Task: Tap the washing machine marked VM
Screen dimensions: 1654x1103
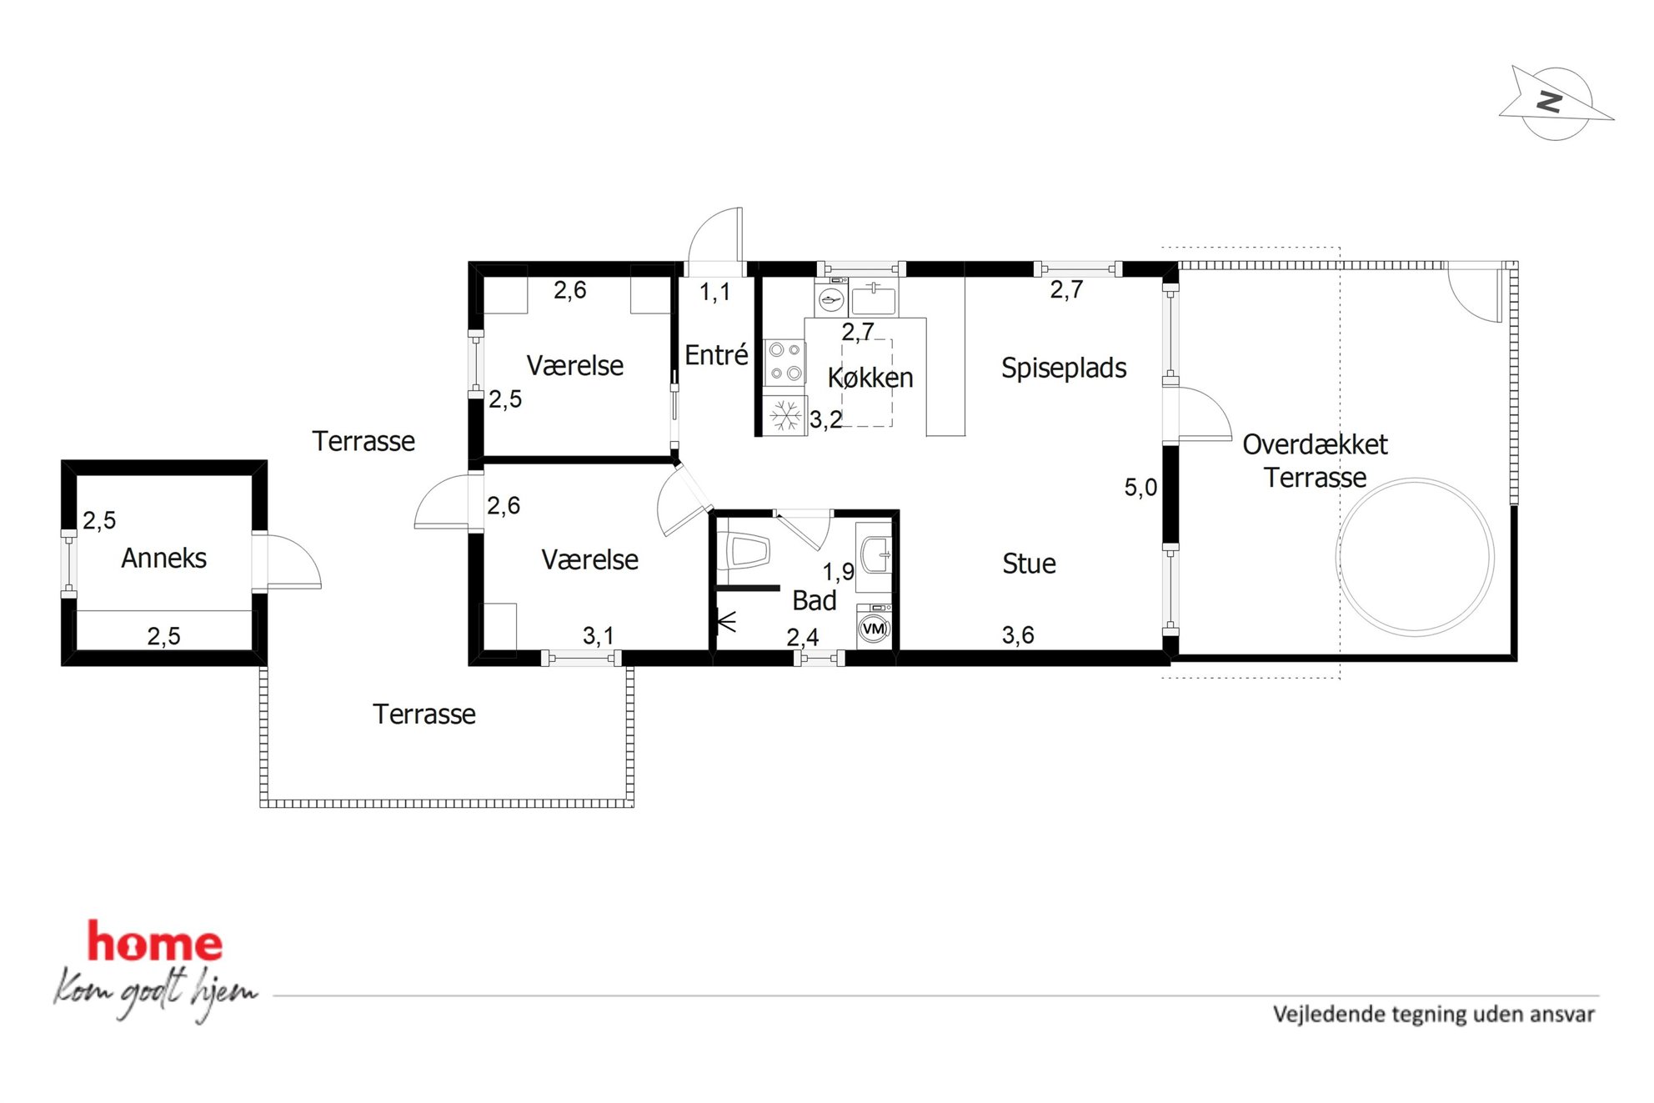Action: (x=874, y=628)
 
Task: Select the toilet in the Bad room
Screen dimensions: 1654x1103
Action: (x=747, y=550)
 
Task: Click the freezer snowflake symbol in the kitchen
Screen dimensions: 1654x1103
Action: (x=784, y=416)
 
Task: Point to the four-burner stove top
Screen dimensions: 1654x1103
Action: (x=784, y=362)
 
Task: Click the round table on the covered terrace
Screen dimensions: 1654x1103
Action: (x=1416, y=557)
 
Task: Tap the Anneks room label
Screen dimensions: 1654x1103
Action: (x=164, y=558)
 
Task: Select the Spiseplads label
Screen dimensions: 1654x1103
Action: (x=1064, y=368)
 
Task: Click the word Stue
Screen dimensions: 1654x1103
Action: (x=1029, y=564)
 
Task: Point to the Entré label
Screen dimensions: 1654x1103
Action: (x=716, y=354)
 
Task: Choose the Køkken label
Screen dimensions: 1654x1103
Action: (x=870, y=378)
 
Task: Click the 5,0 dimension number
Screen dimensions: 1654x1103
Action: (x=1140, y=487)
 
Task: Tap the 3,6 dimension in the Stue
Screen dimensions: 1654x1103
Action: (x=1018, y=635)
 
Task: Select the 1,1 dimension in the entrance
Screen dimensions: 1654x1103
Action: (x=714, y=292)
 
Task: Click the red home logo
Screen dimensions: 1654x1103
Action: (x=155, y=941)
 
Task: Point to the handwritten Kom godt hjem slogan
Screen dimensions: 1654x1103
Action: (x=156, y=993)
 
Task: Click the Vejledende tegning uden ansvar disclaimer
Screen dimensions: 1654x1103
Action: (x=1433, y=1014)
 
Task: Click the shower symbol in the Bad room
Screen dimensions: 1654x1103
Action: (x=726, y=621)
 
